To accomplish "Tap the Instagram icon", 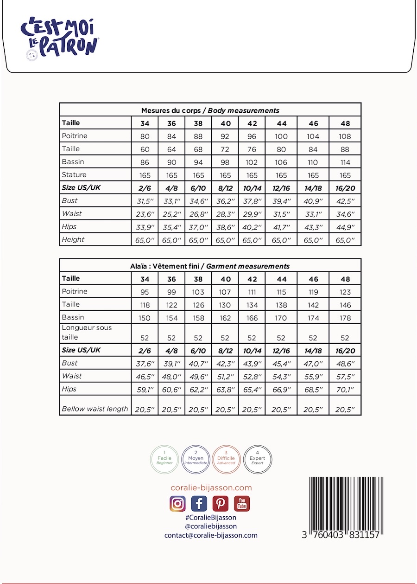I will (x=177, y=503).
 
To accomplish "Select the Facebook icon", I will (x=199, y=503).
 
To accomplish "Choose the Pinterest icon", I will (x=221, y=503).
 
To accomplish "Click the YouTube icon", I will (x=242, y=503).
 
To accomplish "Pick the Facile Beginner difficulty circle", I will (x=164, y=459).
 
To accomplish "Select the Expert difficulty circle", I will (x=257, y=459).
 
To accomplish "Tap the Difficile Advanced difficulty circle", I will (x=227, y=459).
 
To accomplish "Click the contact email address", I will (x=211, y=535).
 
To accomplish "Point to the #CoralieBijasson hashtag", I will (x=210, y=517).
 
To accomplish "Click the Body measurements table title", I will (x=210, y=110).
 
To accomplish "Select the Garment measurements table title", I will (x=210, y=266).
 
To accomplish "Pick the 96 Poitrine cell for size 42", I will (x=252, y=136).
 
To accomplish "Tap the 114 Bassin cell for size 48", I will (x=345, y=162).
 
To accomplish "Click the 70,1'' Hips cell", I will (x=345, y=389).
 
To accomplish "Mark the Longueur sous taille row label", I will (x=87, y=332).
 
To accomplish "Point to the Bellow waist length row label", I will (x=95, y=409).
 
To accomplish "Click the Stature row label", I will (x=74, y=175).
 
